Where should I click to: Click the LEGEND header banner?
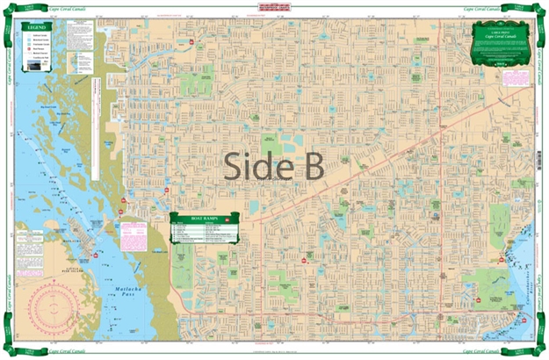(x=36, y=28)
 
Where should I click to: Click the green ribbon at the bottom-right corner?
(x=537, y=349)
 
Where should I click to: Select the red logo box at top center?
(x=274, y=9)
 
